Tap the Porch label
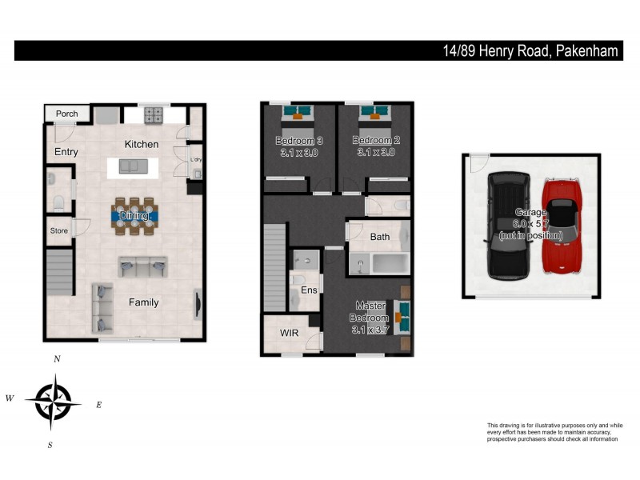coord(67,114)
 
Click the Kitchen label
coord(141,144)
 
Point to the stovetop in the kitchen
coord(153,116)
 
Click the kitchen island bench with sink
coord(134,166)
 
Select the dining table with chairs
coord(134,215)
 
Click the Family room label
coord(144,302)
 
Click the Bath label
coord(380,237)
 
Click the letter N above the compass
coord(57,360)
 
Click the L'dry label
coord(196,160)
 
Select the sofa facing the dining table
coord(142,266)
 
